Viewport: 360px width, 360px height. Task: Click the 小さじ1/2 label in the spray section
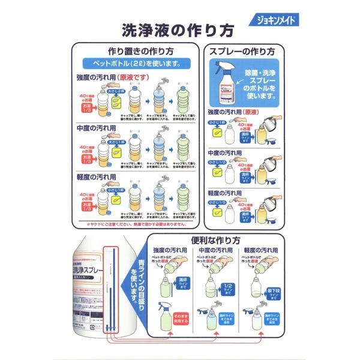[x=217, y=161]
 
